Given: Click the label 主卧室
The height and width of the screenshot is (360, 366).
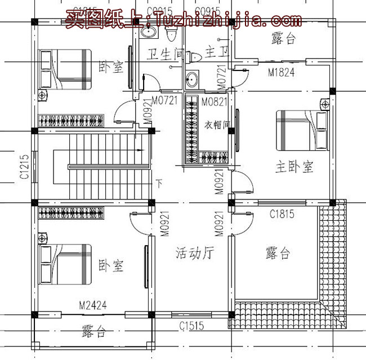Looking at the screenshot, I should point(294,167).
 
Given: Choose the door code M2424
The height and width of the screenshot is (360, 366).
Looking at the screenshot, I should point(93,306).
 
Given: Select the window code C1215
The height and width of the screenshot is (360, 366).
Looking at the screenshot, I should point(24,167).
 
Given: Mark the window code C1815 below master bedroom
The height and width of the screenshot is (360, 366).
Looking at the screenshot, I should point(282,214).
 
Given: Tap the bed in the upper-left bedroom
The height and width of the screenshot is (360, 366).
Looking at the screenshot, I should point(65,69).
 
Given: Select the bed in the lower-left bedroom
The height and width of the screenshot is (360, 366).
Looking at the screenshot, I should point(65,264).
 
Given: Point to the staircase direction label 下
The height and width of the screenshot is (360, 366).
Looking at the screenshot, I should point(159,184).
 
